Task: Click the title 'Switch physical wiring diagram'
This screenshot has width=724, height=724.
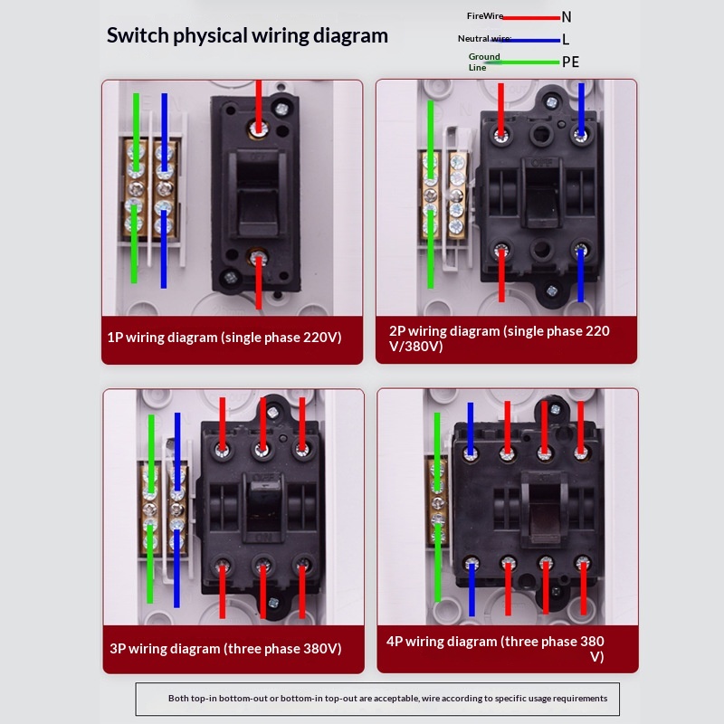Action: (247, 36)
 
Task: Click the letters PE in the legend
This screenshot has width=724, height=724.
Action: (570, 62)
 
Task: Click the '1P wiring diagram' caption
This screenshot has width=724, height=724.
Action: (224, 338)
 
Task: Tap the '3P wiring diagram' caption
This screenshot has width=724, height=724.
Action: (225, 649)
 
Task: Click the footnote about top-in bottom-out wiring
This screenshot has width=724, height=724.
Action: (387, 699)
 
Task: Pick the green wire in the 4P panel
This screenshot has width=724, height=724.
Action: (437, 507)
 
